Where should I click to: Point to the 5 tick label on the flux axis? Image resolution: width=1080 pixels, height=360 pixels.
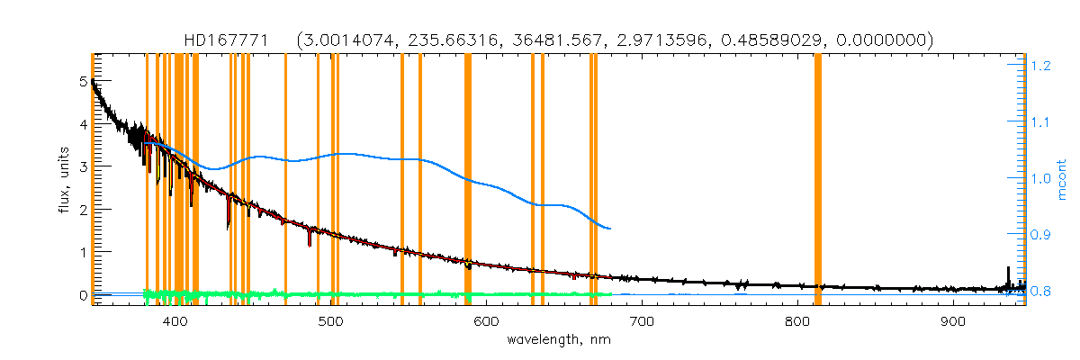click(83, 81)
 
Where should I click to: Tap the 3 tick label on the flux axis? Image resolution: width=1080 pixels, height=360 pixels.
click(83, 166)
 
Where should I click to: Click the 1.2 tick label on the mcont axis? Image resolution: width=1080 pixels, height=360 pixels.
click(1041, 66)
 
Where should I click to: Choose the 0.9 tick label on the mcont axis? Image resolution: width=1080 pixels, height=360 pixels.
click(1041, 234)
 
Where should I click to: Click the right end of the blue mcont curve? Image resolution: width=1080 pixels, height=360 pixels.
click(611, 229)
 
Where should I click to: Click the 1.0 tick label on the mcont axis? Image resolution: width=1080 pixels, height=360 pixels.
click(1041, 178)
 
